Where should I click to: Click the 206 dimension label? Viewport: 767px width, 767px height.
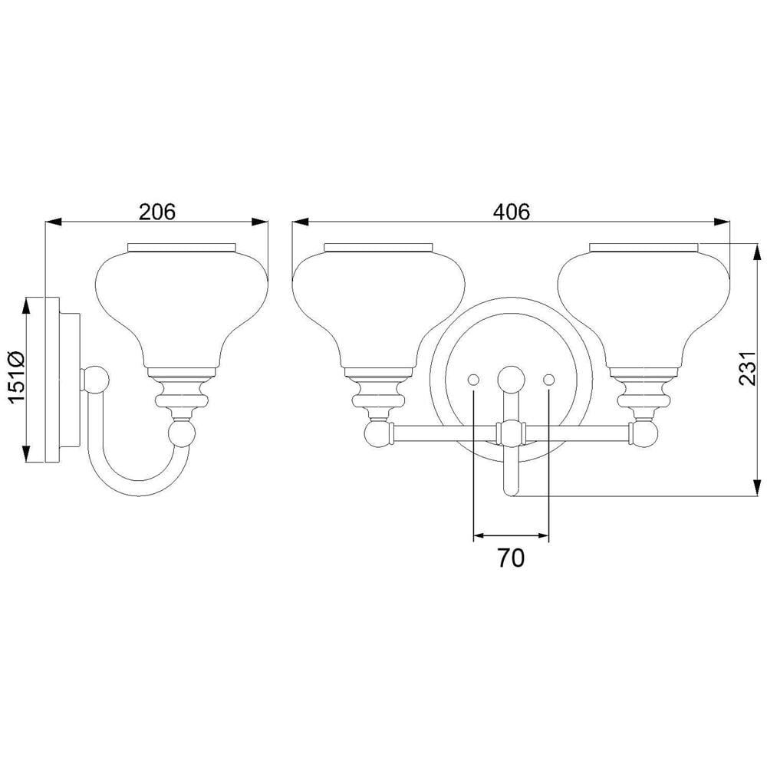(157, 212)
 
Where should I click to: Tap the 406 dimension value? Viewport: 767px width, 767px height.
(511, 212)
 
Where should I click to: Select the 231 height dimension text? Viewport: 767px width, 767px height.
(748, 368)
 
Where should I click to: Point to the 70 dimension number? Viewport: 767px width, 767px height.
(511, 558)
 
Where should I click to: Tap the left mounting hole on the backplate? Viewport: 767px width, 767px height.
(473, 379)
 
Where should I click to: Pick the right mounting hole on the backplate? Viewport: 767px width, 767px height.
(549, 379)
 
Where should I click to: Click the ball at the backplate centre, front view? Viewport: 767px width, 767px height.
(511, 379)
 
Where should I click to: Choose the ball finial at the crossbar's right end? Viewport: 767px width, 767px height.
(644, 433)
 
